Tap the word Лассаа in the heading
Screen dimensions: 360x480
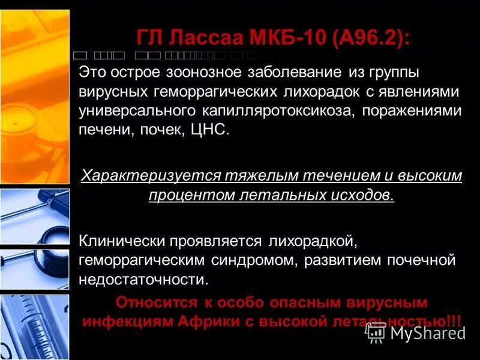[201, 40]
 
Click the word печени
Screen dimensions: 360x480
[101, 130]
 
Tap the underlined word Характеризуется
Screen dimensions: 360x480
[150, 176]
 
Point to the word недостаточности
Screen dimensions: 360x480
[144, 279]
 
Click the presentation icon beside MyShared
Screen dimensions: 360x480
[376, 332]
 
